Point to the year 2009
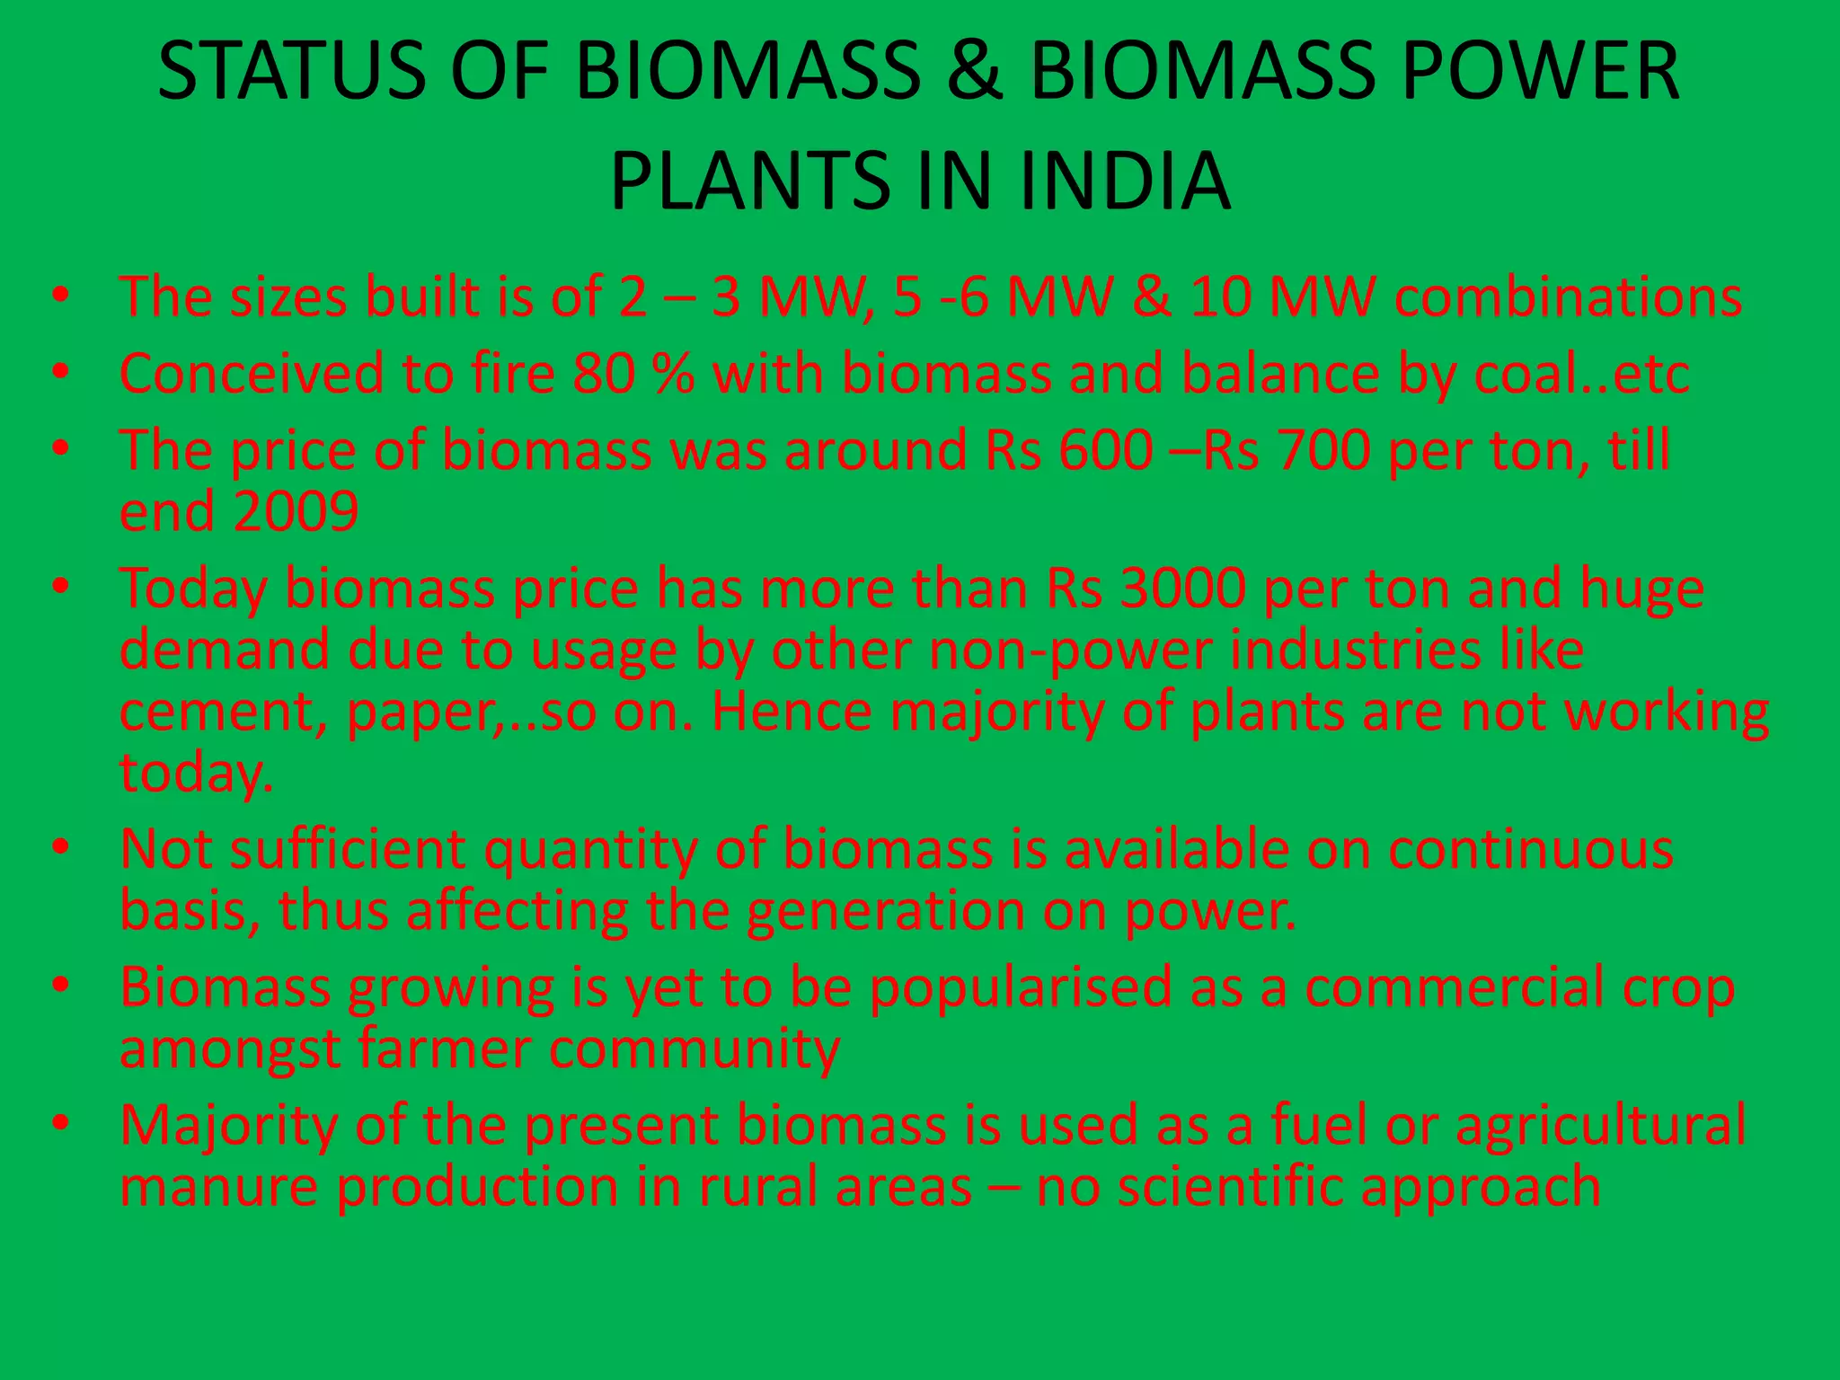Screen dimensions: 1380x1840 (296, 512)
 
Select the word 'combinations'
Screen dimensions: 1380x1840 (1568, 297)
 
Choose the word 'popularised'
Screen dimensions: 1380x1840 (1021, 987)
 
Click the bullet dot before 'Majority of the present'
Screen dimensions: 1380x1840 (60, 1124)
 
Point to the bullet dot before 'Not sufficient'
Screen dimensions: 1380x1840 (60, 848)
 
